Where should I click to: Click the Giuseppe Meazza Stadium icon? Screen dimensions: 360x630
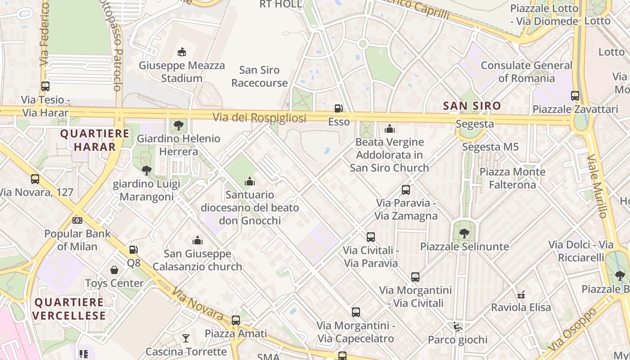point(182,52)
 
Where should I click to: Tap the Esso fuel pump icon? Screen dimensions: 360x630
point(338,108)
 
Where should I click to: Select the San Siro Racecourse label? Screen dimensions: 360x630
point(259,76)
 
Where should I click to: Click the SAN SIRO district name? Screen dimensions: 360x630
point(472,106)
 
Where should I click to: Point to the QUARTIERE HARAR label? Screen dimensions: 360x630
point(94,140)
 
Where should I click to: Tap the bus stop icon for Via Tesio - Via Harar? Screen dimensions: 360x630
point(45,86)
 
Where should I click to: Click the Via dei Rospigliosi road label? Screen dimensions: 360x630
point(259,118)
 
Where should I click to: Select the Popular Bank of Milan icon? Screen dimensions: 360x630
point(77,220)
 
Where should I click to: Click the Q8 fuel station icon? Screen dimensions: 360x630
point(134,250)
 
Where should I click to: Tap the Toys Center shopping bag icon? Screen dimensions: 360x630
point(114,270)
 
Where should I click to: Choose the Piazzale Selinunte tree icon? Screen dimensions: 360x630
point(464,234)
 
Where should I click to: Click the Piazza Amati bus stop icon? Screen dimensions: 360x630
point(235,320)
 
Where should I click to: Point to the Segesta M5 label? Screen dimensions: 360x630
point(490,147)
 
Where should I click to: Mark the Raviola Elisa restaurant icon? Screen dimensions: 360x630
point(521,295)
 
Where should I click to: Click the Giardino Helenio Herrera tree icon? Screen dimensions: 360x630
point(179,126)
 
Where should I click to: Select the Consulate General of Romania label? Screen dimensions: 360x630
point(526,72)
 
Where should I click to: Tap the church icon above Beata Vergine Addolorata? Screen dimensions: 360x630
point(390,129)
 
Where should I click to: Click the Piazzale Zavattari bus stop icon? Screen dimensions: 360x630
point(575,95)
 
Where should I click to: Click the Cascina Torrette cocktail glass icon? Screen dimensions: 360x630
point(185,338)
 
